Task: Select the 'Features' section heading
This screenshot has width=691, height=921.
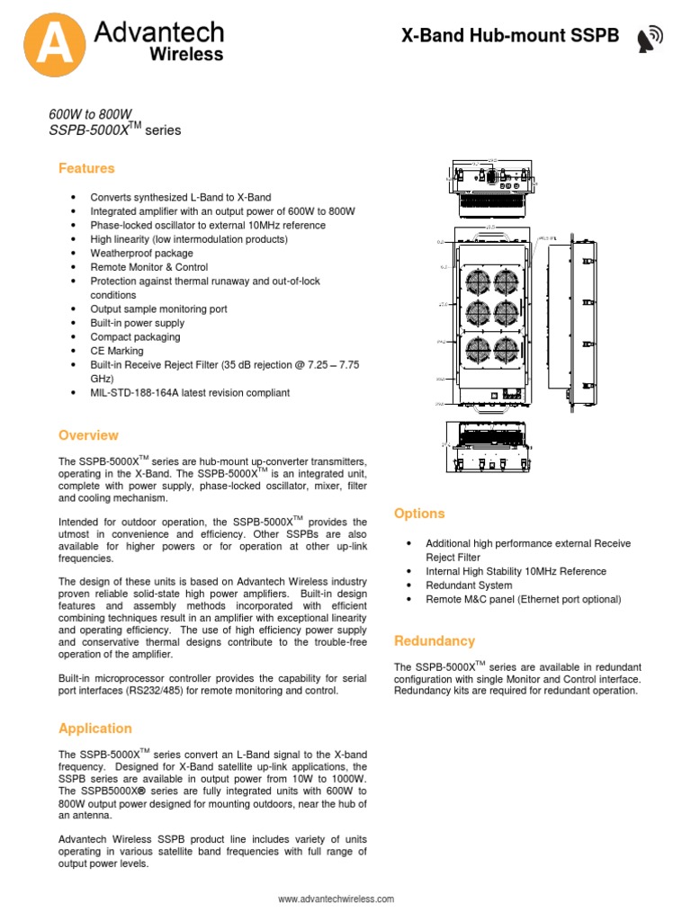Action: point(86,168)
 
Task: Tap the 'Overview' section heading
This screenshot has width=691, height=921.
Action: point(88,435)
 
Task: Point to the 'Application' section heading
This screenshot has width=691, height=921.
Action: point(94,729)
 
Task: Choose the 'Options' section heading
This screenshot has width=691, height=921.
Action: point(419,514)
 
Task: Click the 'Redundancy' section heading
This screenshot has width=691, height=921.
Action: point(435,641)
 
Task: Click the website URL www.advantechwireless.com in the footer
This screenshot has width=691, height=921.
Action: point(336,899)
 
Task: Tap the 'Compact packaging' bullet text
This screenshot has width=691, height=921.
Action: point(135,337)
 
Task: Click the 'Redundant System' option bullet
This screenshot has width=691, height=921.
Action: point(468,585)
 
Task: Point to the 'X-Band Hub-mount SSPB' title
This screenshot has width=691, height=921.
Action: point(510,36)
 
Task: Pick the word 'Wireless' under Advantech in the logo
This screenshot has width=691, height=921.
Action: point(185,56)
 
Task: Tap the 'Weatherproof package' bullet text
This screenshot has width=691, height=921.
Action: point(141,253)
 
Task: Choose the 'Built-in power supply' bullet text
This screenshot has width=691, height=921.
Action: point(137,323)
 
